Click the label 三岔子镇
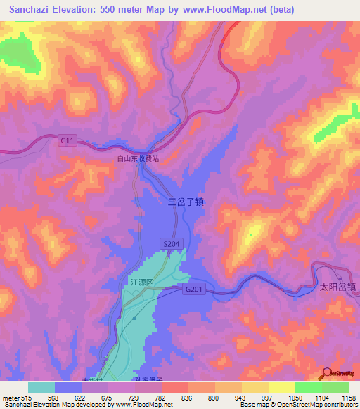coord(186,201)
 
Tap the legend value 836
coord(188,398)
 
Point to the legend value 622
coord(81,398)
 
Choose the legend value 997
coord(268,398)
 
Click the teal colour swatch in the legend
coord(41,387)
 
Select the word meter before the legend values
coord(11,398)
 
